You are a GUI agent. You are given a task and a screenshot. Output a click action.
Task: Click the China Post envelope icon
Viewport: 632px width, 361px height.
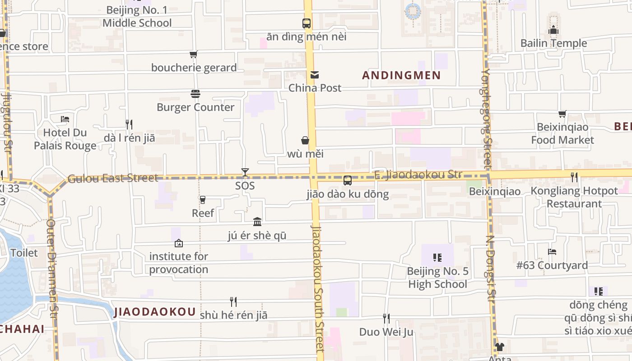(x=314, y=75)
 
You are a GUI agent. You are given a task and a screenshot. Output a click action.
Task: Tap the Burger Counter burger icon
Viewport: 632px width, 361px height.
(x=195, y=94)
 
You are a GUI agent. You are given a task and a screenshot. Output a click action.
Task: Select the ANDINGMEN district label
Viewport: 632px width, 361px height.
(x=401, y=75)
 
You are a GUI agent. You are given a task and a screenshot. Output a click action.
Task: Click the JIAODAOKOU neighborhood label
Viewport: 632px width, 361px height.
(x=155, y=312)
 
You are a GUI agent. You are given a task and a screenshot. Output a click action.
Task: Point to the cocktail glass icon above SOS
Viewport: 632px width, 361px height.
(x=245, y=172)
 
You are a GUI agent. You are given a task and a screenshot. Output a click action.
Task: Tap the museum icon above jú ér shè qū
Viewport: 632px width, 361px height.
(x=257, y=222)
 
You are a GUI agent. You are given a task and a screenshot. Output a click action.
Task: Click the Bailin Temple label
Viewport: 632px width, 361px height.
(x=553, y=43)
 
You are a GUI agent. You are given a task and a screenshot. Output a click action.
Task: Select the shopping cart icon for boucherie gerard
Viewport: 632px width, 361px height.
(x=194, y=55)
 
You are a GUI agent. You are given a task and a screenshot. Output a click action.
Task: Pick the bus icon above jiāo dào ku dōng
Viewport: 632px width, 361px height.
(x=347, y=180)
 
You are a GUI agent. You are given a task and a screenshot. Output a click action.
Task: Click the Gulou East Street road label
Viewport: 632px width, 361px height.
(x=113, y=178)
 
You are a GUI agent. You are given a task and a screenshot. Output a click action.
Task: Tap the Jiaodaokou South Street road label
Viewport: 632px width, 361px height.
(x=318, y=289)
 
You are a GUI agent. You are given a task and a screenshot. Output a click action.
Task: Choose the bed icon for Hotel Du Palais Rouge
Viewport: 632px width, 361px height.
(x=65, y=119)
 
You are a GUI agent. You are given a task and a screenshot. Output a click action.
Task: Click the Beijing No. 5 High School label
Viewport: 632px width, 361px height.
(x=437, y=278)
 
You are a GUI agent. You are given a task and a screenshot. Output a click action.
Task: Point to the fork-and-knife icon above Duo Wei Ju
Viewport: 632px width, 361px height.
(x=386, y=319)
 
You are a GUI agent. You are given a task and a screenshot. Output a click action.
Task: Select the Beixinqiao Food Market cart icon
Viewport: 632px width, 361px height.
(x=562, y=114)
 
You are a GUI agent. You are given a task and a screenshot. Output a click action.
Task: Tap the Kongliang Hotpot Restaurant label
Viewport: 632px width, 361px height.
(x=574, y=197)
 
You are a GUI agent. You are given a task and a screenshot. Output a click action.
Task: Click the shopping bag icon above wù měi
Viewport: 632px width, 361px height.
(x=306, y=140)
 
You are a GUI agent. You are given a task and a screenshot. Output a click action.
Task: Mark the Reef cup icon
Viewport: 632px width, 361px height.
(x=203, y=199)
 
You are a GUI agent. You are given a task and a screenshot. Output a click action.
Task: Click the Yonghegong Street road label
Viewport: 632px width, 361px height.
(x=486, y=117)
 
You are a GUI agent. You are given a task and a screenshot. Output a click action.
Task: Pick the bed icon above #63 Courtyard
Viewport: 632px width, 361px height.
(x=552, y=252)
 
